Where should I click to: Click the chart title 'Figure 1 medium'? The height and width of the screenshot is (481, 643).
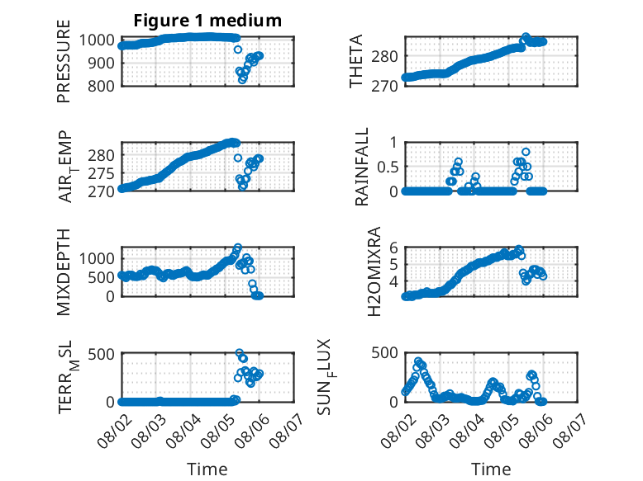pos(207,21)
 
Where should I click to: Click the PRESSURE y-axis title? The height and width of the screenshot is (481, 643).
pos(64,61)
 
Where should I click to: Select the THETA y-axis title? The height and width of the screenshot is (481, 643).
pos(356,61)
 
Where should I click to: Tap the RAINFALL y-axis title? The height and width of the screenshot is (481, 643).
pos(362,167)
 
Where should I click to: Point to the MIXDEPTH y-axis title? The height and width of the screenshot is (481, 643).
pos(64,271)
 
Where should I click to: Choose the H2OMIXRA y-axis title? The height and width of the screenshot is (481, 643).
pos(374,271)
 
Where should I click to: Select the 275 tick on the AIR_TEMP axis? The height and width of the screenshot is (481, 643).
pos(101,173)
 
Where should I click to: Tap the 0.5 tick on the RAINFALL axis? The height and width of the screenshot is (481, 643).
pos(387,167)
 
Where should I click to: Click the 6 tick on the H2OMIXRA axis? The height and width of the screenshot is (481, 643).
pos(393,248)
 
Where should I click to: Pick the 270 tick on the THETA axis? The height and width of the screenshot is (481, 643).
pos(384,87)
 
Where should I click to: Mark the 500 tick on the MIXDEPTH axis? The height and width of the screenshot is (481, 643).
pos(102,277)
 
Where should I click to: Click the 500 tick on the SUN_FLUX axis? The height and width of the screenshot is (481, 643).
pos(384,353)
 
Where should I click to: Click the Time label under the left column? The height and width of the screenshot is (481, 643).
pos(207,469)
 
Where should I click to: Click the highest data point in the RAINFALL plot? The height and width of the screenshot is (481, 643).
pos(526,152)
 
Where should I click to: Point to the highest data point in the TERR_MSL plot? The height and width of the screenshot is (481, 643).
pos(240,352)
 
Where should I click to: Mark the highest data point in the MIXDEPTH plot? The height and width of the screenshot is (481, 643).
pos(238,248)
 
